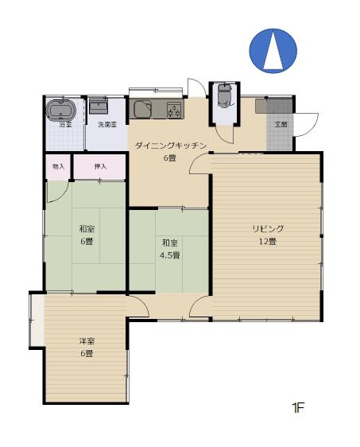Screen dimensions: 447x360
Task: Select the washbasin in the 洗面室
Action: (100, 105)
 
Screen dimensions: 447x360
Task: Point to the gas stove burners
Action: (174, 111)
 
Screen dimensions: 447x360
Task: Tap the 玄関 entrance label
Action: (281, 125)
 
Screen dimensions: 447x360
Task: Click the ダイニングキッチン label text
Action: (171, 146)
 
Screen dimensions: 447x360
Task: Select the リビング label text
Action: (268, 229)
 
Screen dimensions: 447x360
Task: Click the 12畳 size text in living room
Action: (268, 241)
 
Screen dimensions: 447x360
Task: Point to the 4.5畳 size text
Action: (170, 255)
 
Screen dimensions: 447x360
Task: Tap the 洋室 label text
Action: (86, 341)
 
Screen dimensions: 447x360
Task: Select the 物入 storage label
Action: (58, 167)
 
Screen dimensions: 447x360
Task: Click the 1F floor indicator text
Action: (298, 409)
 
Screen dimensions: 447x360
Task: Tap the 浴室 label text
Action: (64, 125)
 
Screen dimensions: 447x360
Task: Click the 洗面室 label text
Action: (107, 125)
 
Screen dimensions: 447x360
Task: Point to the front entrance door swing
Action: (307, 124)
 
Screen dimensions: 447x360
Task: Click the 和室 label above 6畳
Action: (86, 229)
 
